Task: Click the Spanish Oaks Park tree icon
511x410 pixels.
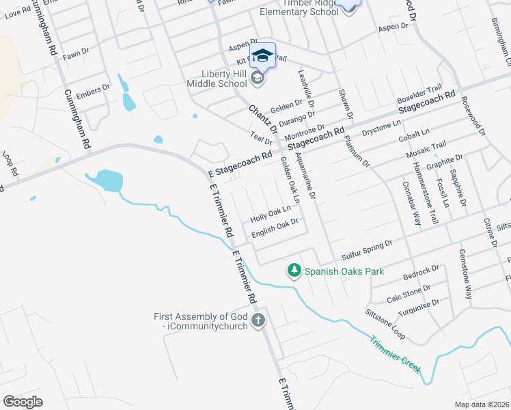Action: (294, 271)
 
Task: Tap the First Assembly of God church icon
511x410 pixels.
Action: (258, 320)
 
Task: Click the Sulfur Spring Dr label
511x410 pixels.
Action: (368, 247)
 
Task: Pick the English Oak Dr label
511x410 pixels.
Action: (275, 228)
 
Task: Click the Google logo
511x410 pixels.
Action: (23, 402)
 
